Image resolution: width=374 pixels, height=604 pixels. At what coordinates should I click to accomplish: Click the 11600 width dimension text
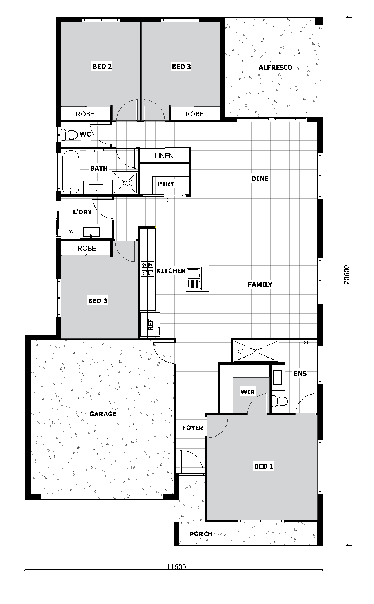click(176, 566)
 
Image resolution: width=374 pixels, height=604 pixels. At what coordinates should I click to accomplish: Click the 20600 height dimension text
click(347, 275)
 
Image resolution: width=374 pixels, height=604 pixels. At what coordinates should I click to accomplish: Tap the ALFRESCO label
click(275, 67)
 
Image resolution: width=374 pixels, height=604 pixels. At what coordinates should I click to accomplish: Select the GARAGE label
click(103, 414)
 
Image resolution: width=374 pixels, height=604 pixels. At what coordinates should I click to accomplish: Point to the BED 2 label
click(102, 66)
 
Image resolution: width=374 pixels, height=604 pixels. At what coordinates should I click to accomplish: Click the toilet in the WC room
click(69, 135)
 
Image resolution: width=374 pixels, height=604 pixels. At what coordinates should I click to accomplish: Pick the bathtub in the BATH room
click(71, 172)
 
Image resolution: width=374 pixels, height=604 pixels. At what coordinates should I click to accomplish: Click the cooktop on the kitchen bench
click(147, 269)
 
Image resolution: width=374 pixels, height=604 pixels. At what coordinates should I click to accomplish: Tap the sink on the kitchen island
click(194, 279)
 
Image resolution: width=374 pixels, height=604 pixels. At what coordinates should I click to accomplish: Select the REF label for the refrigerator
click(151, 325)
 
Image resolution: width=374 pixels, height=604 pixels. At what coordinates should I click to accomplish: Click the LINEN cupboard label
click(164, 155)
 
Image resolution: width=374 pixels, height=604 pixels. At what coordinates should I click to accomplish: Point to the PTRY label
click(166, 184)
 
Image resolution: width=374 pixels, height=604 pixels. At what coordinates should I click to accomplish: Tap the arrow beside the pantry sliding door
click(169, 200)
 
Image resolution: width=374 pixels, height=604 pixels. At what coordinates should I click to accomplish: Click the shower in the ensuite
click(256, 351)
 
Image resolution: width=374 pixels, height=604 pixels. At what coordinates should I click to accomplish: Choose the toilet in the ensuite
click(280, 401)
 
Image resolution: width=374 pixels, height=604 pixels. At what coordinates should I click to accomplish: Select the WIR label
click(248, 392)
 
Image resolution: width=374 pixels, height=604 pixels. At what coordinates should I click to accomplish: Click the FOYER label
click(193, 428)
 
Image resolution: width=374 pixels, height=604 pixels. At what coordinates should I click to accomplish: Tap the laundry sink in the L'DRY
click(91, 232)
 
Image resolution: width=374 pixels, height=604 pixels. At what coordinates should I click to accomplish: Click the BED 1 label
click(264, 466)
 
